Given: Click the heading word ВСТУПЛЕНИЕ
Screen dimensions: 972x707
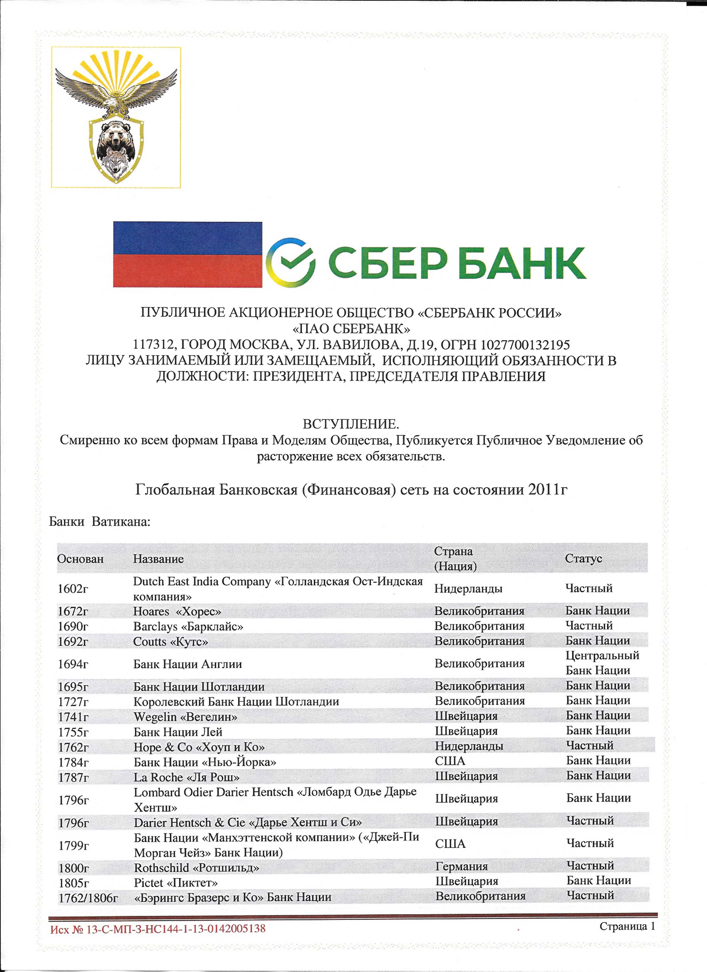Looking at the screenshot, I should pyautogui.click(x=351, y=424).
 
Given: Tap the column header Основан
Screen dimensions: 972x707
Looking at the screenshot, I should pyautogui.click(x=81, y=559).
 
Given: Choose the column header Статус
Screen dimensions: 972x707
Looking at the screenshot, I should pyautogui.click(x=583, y=558).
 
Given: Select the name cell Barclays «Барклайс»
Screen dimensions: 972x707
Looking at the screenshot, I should pyautogui.click(x=188, y=627).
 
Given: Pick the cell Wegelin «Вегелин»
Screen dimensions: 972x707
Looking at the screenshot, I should pyautogui.click(x=185, y=717).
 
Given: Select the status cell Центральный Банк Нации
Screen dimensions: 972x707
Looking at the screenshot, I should pyautogui.click(x=602, y=663).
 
